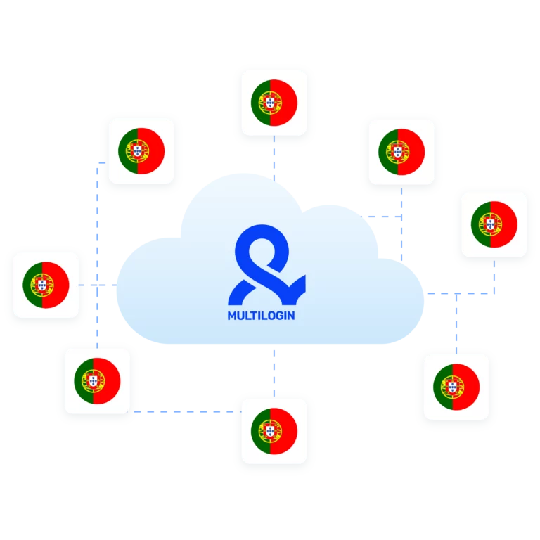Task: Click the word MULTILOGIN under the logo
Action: (261, 316)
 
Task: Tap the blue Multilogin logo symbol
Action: (266, 264)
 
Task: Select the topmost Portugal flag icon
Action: (274, 103)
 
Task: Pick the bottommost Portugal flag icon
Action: (274, 431)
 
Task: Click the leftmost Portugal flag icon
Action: (46, 285)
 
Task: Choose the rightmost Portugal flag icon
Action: (494, 224)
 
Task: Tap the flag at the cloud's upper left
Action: (141, 151)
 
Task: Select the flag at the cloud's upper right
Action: (401, 152)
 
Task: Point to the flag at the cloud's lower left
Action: (97, 381)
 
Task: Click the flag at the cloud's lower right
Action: (456, 387)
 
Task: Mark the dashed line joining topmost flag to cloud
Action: (274, 158)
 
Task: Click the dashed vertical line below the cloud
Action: (274, 373)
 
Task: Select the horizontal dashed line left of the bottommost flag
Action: (184, 411)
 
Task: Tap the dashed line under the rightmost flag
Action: (494, 277)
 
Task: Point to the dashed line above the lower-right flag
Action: (456, 323)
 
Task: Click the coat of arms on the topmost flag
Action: (270, 103)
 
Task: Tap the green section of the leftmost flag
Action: (32, 285)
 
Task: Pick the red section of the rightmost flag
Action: (504, 224)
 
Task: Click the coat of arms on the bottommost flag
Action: (270, 431)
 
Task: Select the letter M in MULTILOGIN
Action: (232, 316)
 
